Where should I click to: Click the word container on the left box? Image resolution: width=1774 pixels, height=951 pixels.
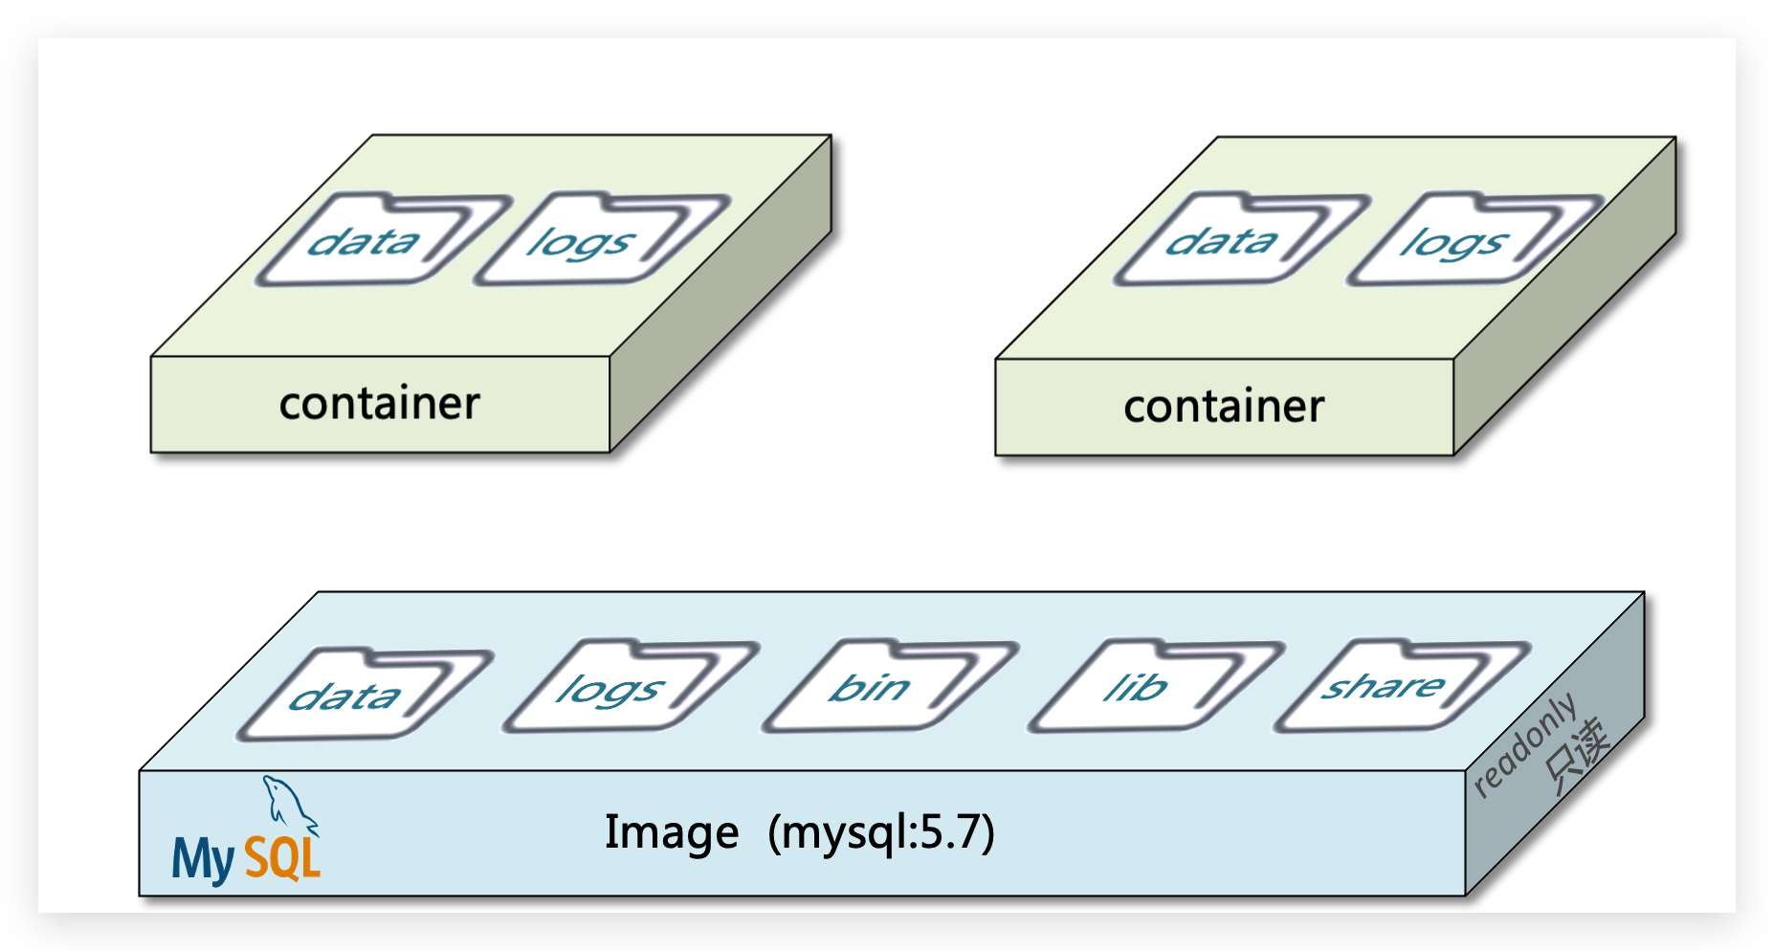click(379, 404)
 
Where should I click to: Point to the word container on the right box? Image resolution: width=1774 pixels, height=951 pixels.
click(1224, 407)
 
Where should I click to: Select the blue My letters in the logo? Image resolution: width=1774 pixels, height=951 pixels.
click(203, 859)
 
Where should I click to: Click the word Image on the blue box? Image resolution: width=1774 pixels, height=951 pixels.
click(671, 832)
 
